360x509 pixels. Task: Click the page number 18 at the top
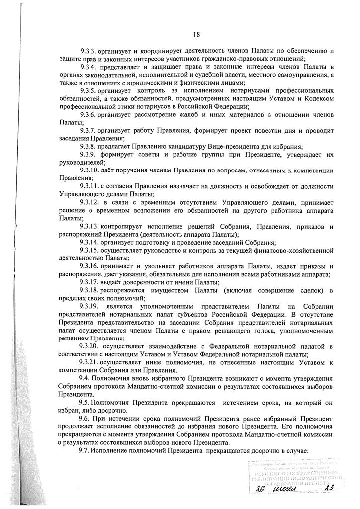point(197,34)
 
